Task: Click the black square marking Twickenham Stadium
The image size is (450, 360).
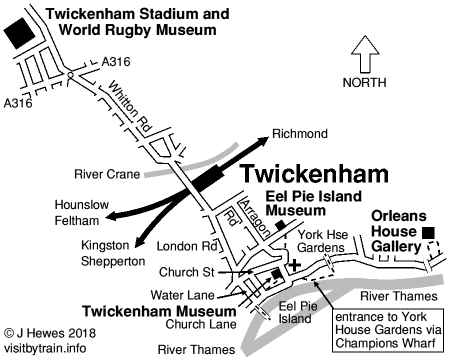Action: (x=17, y=28)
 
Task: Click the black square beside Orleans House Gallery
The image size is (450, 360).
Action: (x=428, y=233)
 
